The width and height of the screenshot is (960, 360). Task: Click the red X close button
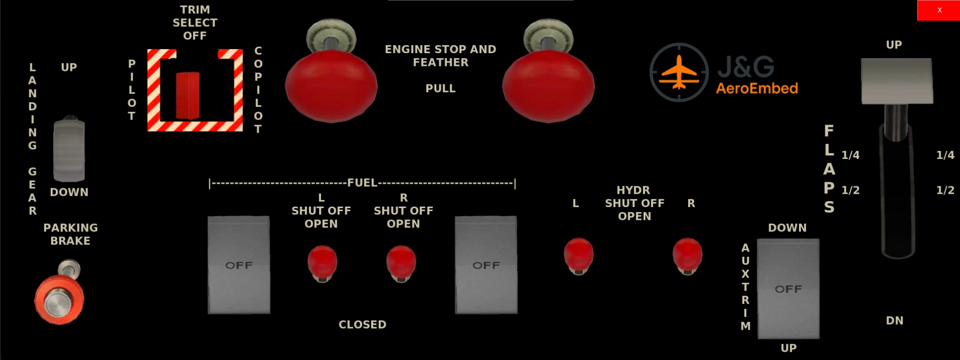pos(939,10)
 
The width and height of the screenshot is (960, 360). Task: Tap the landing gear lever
pos(69,149)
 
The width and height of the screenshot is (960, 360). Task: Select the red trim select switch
pos(187,96)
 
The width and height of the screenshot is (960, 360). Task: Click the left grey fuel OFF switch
pos(238,265)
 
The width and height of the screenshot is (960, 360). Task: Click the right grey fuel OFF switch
pos(486,265)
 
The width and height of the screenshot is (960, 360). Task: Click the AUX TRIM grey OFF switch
pos(788,289)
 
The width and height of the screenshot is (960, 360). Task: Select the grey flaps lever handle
pos(897,81)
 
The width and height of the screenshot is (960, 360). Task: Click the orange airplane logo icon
pos(679,72)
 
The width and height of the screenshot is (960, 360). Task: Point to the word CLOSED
pos(363,325)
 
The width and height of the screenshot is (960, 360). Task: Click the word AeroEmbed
pos(757,89)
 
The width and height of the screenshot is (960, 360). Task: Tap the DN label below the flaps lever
pos(895,321)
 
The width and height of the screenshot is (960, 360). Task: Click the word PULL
pos(441,89)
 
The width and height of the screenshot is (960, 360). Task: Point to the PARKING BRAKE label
pos(70,234)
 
